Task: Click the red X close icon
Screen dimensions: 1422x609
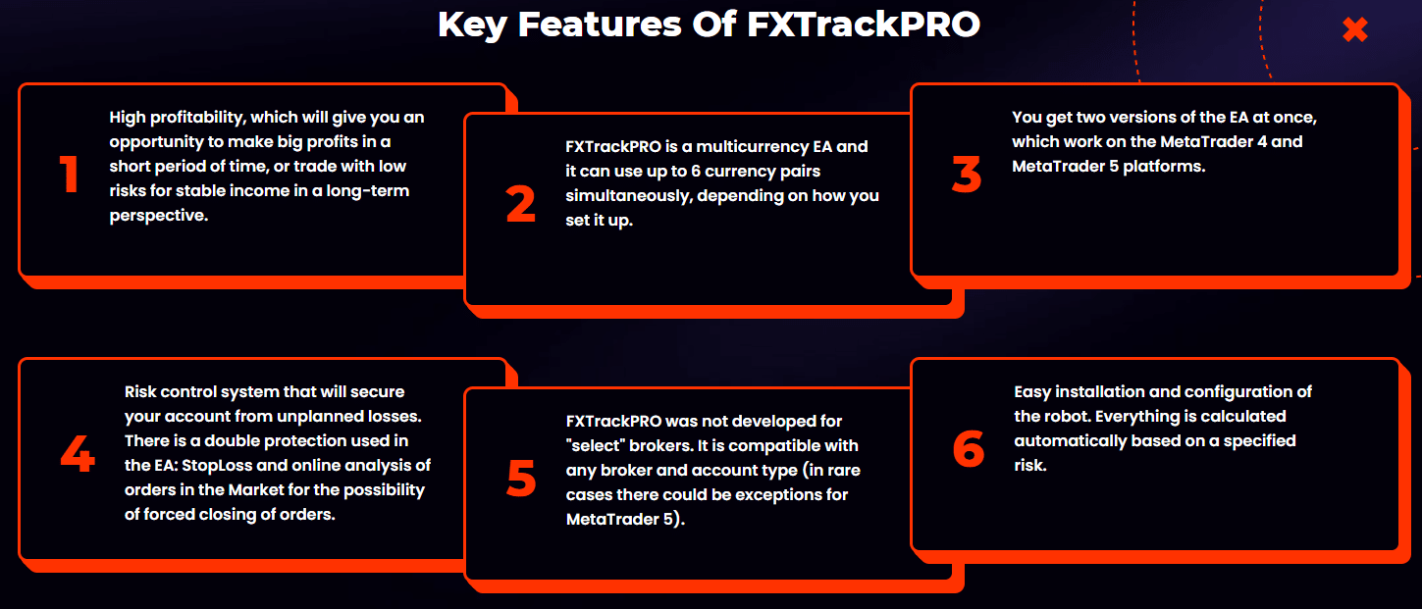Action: click(1354, 29)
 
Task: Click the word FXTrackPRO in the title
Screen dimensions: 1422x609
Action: click(864, 25)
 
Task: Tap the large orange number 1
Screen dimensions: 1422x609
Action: click(70, 174)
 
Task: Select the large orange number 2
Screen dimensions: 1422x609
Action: click(520, 204)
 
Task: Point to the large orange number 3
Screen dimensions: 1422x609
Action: click(967, 174)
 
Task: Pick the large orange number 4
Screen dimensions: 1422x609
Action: click(78, 453)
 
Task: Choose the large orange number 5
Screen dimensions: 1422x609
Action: click(521, 478)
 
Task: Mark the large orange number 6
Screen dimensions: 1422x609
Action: click(969, 448)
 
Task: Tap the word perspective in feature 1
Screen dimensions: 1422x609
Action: click(159, 217)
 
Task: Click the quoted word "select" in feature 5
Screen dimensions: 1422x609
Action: click(595, 445)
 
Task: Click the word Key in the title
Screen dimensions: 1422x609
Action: click(472, 25)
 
